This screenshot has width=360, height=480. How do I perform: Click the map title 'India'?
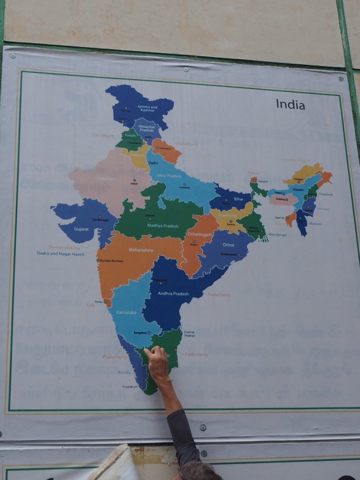pyautogui.click(x=290, y=104)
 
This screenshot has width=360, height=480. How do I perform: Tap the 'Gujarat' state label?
pyautogui.click(x=81, y=229)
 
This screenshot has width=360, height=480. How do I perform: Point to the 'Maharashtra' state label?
pyautogui.click(x=141, y=250)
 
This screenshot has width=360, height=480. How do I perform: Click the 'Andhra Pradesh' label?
pyautogui.click(x=173, y=294)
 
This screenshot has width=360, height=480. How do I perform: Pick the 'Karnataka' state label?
pyautogui.click(x=126, y=312)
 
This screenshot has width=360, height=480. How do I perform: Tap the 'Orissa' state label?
pyautogui.click(x=228, y=245)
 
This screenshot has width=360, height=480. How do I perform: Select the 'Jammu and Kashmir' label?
pyautogui.click(x=147, y=109)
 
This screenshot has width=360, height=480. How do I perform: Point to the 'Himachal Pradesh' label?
pyautogui.click(x=146, y=128)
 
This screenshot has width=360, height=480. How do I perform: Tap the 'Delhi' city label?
pyautogui.click(x=153, y=163)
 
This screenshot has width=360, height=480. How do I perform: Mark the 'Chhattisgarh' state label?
pyautogui.click(x=199, y=234)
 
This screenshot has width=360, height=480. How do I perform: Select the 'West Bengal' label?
pyautogui.click(x=277, y=234)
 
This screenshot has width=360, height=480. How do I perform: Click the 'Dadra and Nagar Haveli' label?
pyautogui.click(x=60, y=253)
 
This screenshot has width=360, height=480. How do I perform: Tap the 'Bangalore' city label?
pyautogui.click(x=140, y=332)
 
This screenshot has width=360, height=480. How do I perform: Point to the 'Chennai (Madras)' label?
pyautogui.click(x=189, y=333)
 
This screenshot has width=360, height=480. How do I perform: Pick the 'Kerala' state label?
pyautogui.click(x=124, y=372)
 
